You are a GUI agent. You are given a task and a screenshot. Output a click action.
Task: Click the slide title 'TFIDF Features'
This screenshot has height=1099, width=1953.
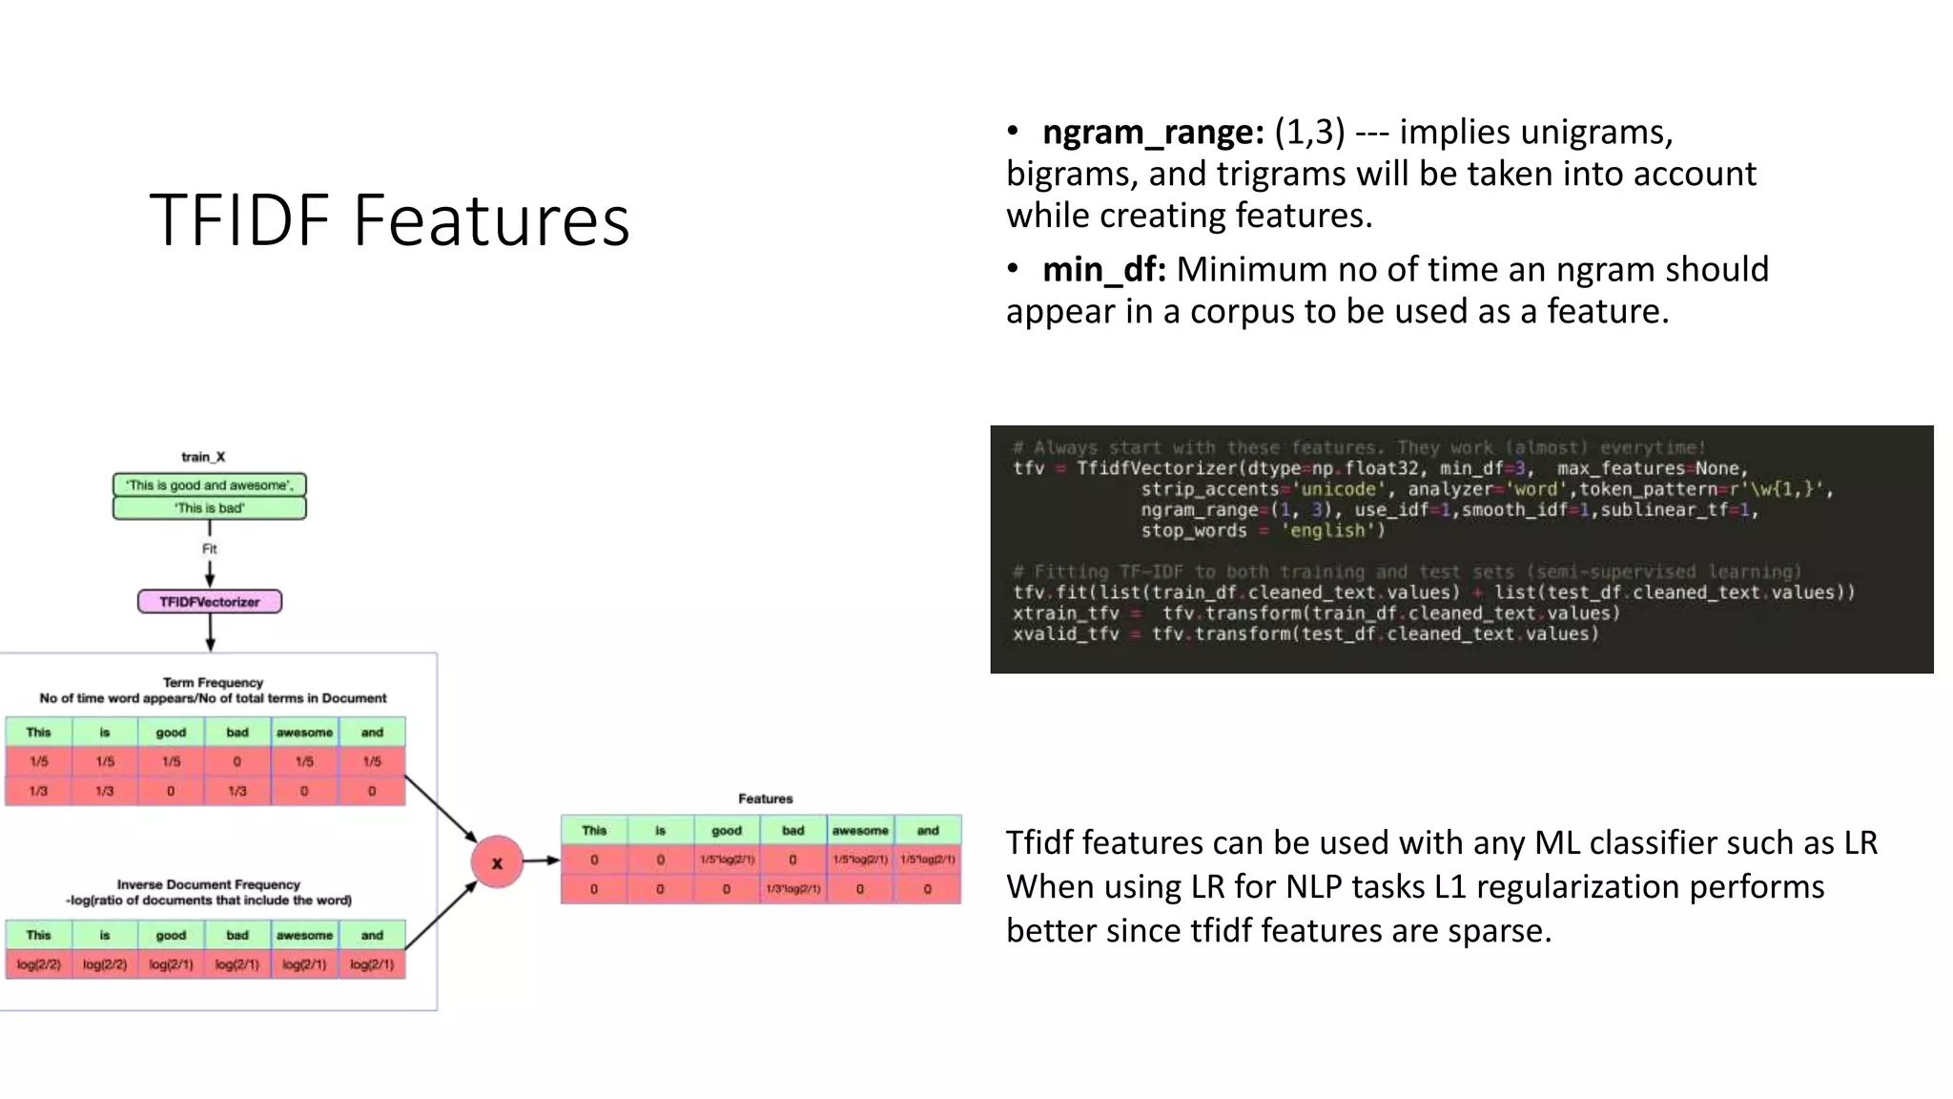tap(389, 220)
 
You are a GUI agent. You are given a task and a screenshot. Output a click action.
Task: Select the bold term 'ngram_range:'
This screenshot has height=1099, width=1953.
tap(1153, 132)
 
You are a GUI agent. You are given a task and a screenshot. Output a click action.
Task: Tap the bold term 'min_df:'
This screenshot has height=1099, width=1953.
tap(1103, 270)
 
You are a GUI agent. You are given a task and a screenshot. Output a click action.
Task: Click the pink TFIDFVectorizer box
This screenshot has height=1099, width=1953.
tap(210, 602)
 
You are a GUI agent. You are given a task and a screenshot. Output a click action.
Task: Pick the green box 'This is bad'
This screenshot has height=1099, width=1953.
tap(210, 508)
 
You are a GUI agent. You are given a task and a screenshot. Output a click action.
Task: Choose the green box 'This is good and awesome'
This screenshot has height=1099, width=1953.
tap(210, 485)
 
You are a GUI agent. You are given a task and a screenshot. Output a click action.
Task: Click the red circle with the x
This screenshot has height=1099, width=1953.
tap(497, 862)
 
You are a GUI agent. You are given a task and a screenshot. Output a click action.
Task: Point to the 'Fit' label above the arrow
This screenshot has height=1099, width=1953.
tap(210, 549)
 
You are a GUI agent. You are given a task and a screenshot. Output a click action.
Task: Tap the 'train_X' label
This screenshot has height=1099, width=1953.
tap(203, 457)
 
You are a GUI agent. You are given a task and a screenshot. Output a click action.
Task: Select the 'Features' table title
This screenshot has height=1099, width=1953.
tap(765, 798)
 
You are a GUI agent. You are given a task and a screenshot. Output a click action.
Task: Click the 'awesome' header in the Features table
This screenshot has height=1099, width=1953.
tap(860, 831)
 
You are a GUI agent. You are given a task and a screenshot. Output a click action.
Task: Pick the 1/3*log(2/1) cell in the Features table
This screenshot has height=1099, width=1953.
tap(793, 889)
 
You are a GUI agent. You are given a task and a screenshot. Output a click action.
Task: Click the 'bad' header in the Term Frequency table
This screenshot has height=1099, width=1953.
tap(237, 733)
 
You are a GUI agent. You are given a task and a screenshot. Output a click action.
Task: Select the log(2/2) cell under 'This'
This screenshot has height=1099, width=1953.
tap(39, 964)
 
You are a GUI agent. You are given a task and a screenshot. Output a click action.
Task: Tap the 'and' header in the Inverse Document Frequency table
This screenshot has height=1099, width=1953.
tap(372, 936)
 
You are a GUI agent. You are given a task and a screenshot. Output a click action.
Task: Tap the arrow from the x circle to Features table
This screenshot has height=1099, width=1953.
tap(541, 861)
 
